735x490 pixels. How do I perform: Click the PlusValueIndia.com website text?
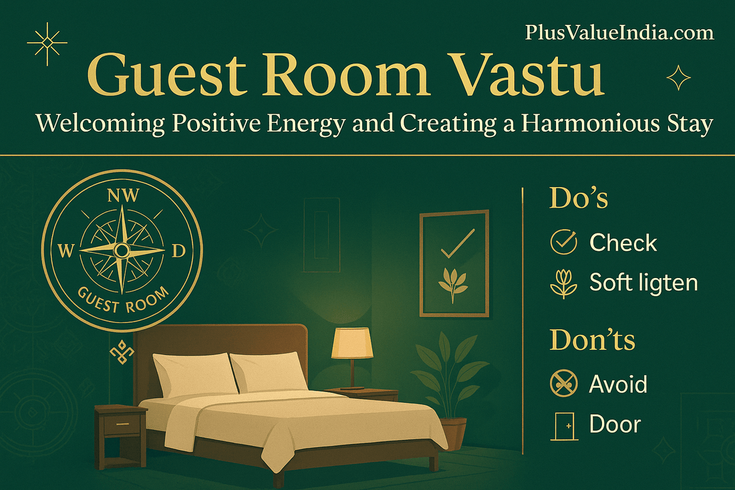[619, 32]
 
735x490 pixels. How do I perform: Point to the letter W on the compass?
[66, 251]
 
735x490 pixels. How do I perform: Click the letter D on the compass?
[178, 251]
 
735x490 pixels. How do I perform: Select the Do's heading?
[579, 199]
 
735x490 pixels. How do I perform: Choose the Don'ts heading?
[592, 340]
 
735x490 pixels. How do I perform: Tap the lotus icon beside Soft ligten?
[562, 283]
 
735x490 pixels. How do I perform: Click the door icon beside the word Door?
[562, 424]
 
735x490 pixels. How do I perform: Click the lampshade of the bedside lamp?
[351, 343]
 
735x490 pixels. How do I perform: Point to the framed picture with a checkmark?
[454, 263]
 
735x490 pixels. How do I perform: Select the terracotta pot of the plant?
[454, 433]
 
